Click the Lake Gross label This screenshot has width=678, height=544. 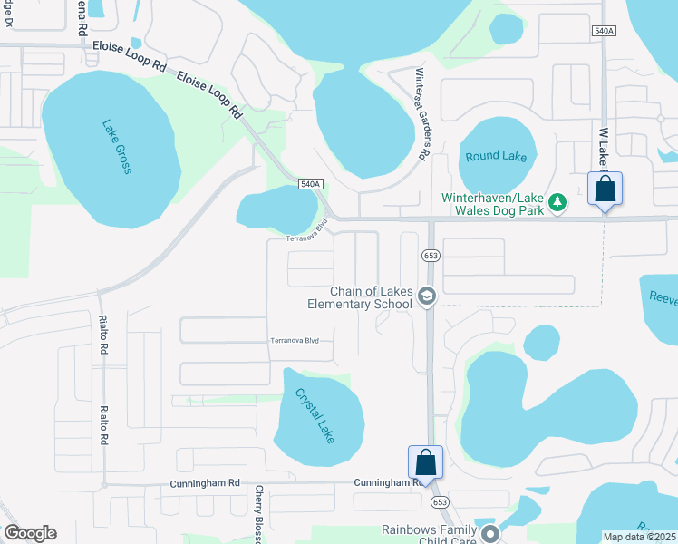tap(118, 147)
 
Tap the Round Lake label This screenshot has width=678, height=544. tap(496, 156)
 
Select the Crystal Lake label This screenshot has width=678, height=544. tap(315, 416)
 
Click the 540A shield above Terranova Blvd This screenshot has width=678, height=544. tap(310, 184)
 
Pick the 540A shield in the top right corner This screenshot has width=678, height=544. tap(605, 31)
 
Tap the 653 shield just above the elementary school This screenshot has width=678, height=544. tap(431, 257)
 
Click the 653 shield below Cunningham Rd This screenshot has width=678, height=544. tap(441, 501)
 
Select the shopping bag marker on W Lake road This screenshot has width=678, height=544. tap(605, 190)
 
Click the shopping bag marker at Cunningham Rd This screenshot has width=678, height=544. tap(425, 463)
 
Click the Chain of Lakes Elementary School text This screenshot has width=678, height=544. tap(373, 297)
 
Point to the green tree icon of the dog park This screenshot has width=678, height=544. tap(559, 201)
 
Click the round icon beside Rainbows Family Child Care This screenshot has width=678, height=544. tap(490, 532)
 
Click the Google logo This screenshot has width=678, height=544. tap(30, 532)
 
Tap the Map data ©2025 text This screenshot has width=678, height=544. tap(639, 537)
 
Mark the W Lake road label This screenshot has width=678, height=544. tap(603, 145)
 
